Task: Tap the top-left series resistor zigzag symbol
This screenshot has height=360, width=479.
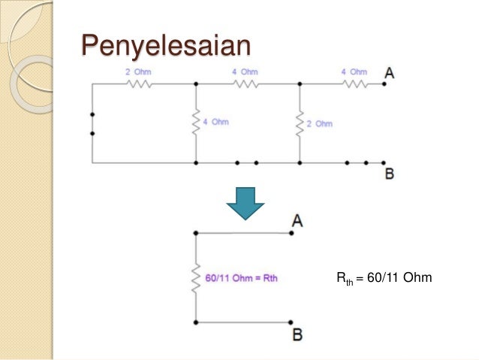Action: click(140, 84)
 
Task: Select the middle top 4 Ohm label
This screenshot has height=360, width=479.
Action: click(245, 72)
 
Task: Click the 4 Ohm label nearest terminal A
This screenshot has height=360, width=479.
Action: click(354, 72)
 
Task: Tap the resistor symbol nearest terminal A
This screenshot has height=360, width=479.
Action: click(355, 84)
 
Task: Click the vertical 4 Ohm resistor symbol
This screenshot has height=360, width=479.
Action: click(195, 122)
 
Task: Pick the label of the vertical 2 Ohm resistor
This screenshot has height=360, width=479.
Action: click(319, 123)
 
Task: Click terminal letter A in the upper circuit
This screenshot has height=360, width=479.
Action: click(390, 74)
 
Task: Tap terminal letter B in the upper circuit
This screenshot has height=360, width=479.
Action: click(390, 174)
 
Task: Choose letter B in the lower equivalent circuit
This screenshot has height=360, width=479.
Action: click(297, 334)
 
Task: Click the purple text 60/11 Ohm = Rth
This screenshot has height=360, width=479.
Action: click(242, 278)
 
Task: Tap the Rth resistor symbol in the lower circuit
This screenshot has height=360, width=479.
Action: click(195, 278)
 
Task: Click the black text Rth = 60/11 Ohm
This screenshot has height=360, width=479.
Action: click(384, 279)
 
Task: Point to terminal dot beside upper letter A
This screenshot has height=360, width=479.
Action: click(383, 84)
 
